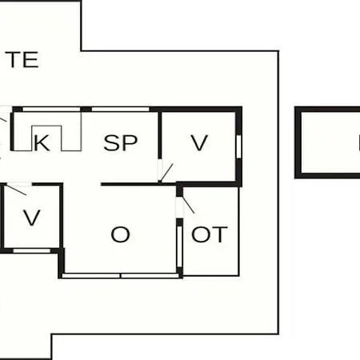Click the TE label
coord(22,59)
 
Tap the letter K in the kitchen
coord(42,143)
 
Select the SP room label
coord(121,143)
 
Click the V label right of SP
coord(199,143)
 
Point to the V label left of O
coord(32,218)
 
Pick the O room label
coord(121,234)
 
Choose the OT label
coord(210,234)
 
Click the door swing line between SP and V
coord(166,173)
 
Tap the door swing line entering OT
coord(188,205)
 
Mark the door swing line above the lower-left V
coord(16,190)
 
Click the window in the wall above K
coord(51,109)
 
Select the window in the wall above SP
coord(120,109)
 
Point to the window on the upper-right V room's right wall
coord(238,146)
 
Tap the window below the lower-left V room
coord(32,250)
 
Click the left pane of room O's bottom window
coord(91,276)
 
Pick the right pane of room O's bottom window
coord(150,276)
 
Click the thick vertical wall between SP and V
coord(160,135)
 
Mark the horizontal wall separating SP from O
coord(138,184)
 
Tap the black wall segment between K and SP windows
coord(86,109)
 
